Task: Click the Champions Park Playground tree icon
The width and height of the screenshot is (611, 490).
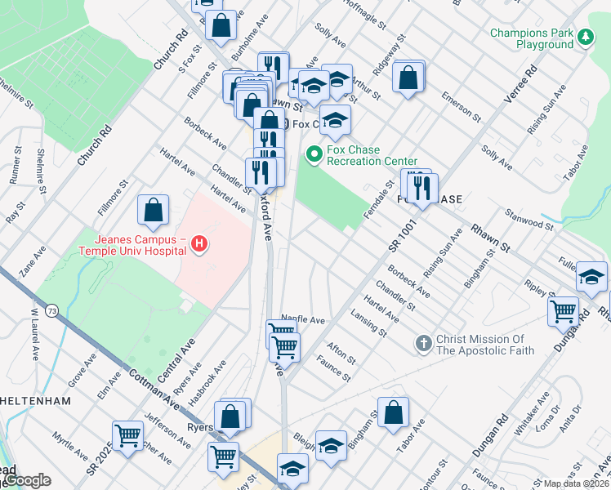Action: pyautogui.click(x=585, y=37)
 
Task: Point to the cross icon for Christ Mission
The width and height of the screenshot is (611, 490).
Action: pyautogui.click(x=422, y=344)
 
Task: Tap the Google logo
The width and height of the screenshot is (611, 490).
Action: pyautogui.click(x=26, y=480)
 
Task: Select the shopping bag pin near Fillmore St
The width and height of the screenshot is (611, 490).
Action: pyautogui.click(x=153, y=212)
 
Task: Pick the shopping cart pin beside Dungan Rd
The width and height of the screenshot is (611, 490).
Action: pyautogui.click(x=564, y=311)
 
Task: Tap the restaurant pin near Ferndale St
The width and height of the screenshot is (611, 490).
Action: pyautogui.click(x=422, y=188)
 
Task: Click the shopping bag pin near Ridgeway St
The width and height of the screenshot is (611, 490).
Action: pyautogui.click(x=408, y=79)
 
